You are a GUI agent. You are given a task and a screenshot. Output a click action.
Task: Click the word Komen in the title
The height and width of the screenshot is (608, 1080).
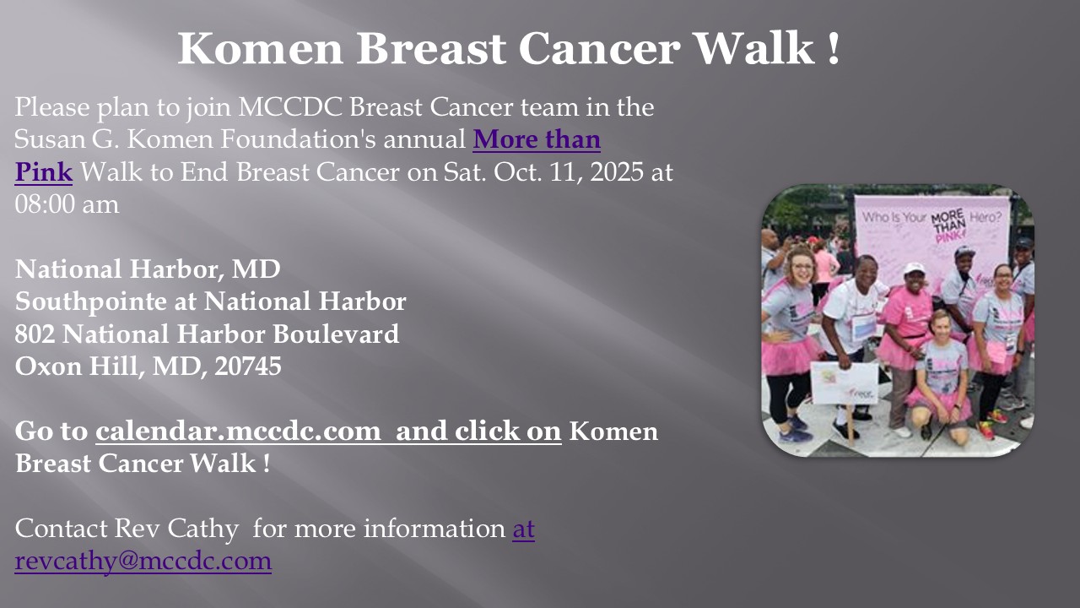coord(261,48)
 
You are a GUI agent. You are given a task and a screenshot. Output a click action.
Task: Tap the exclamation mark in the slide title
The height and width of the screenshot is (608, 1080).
coord(834,48)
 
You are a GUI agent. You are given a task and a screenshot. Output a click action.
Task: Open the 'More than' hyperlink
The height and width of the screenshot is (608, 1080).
coord(537,139)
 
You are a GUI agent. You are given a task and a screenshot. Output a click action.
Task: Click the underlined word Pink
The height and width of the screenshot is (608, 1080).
coord(43,172)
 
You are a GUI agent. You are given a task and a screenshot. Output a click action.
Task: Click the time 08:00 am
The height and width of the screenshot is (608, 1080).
coord(67,204)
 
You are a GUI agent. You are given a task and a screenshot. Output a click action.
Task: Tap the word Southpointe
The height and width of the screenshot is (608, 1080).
coord(91,302)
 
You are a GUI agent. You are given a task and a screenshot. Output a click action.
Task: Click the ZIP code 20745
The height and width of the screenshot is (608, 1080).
coord(248,366)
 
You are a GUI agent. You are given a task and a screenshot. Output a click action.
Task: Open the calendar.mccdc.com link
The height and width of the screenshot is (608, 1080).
coord(238,431)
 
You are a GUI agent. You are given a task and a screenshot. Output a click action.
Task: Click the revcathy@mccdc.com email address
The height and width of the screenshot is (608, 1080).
coord(143,562)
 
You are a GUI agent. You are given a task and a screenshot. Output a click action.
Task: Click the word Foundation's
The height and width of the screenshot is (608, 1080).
coord(299,139)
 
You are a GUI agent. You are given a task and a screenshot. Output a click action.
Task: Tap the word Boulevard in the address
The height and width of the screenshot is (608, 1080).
coord(336,334)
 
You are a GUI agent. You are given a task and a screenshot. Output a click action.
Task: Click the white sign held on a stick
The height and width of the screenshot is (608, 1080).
coord(845,383)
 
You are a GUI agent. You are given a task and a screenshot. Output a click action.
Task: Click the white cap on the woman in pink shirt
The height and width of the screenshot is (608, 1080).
coord(914,269)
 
